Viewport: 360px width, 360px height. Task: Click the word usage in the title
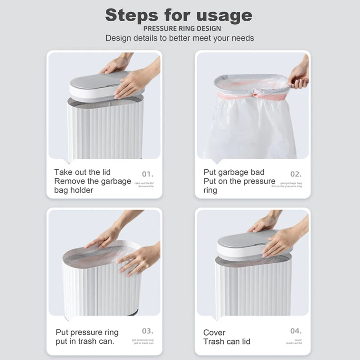pos(224,15)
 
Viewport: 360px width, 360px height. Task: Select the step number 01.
pos(148,174)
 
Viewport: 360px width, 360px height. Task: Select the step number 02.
pos(296,174)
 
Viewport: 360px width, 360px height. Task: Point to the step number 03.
pos(148,331)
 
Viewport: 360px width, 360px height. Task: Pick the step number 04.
pos(296,331)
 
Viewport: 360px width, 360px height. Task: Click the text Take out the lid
pos(82,172)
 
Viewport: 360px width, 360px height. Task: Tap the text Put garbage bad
pos(234,172)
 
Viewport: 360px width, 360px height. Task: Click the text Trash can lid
pos(227,342)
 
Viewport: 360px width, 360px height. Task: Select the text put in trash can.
pos(85,342)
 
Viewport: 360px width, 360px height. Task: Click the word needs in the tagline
pos(242,38)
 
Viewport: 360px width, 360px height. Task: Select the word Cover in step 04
pos(214,333)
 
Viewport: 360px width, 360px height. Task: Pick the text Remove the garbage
pos(93,181)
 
